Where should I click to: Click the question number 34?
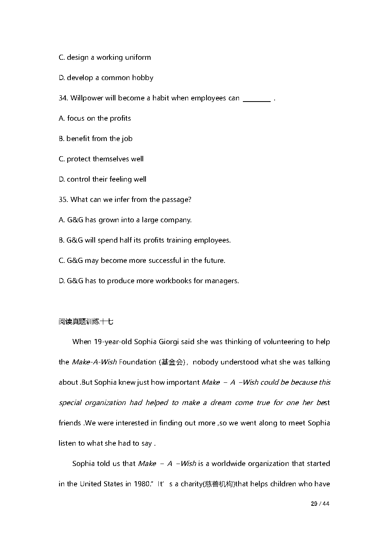pyautogui.click(x=63, y=98)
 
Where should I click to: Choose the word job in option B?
pyautogui.click(x=127, y=139)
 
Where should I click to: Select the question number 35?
pyautogui.click(x=63, y=200)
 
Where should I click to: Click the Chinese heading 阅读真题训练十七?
pyautogui.click(x=86, y=322)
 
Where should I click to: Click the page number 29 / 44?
pyautogui.click(x=320, y=504)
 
